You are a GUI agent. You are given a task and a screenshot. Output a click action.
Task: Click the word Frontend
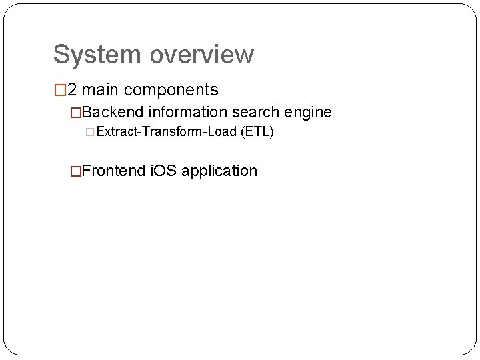click(x=116, y=171)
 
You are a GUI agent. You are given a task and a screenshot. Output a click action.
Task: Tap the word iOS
click(x=163, y=171)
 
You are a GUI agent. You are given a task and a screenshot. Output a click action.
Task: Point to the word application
click(x=219, y=171)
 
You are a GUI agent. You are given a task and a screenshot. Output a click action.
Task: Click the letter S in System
click(x=61, y=55)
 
